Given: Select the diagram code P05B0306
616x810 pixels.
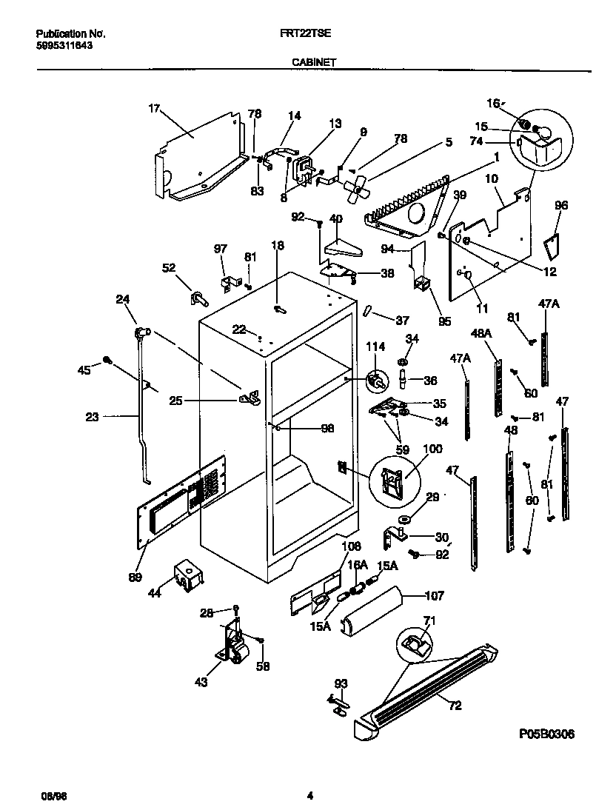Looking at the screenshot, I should (546, 734).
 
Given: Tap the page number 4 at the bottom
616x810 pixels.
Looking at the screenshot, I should (310, 796).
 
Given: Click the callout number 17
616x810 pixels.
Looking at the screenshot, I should (154, 109).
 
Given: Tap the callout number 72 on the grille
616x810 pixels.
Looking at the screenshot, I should (455, 706).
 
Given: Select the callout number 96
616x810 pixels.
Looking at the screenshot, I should (561, 206).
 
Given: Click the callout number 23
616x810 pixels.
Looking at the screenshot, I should (92, 417).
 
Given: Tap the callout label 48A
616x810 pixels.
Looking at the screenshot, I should (482, 333).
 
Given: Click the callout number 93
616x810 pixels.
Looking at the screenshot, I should (341, 683).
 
